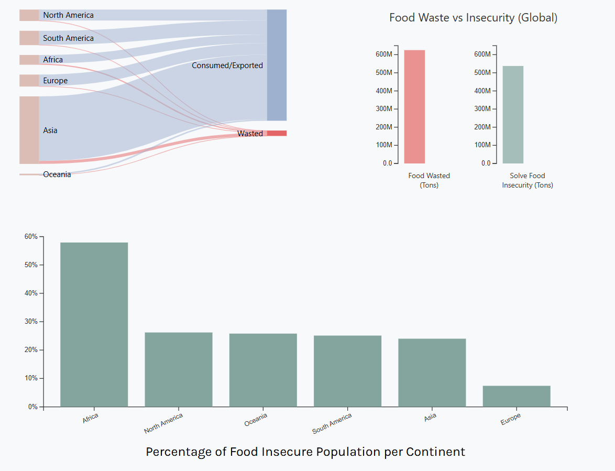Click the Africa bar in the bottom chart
[x=94, y=324]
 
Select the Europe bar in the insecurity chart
[x=517, y=396]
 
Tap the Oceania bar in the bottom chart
[x=263, y=370]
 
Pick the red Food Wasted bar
[x=414, y=107]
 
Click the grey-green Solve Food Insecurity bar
[x=513, y=115]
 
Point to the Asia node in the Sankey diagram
[x=29, y=130]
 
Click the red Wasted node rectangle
[x=277, y=133]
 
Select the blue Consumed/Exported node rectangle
[x=277, y=65]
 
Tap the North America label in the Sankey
[x=68, y=15]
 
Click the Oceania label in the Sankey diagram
[x=57, y=174]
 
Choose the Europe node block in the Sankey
[x=29, y=81]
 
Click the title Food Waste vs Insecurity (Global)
[x=473, y=18]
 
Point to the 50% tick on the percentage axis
[x=31, y=265]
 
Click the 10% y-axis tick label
[x=31, y=378]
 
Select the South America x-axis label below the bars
[x=332, y=423]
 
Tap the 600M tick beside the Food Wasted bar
[x=383, y=54]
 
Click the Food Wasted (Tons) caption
[x=429, y=180]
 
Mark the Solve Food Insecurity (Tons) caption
[x=528, y=180]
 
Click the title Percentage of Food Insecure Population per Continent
[x=305, y=452]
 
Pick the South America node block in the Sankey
[x=29, y=38]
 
